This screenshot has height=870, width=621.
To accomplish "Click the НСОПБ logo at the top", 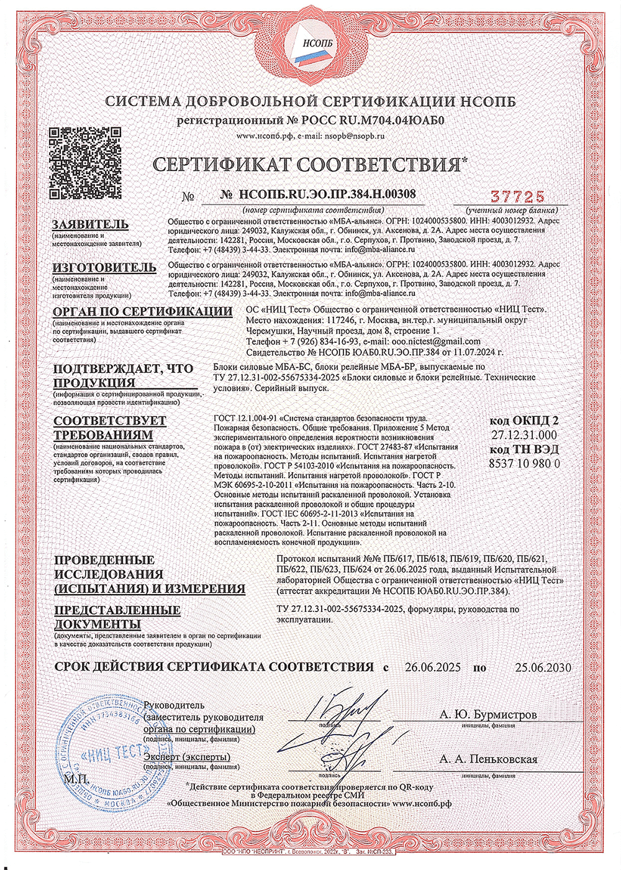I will (310, 47).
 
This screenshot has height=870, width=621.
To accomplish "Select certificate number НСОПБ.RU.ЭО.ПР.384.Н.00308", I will (327, 195).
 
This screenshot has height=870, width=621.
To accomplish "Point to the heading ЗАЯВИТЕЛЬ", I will (91, 224).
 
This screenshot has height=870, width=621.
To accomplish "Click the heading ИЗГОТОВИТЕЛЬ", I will (104, 267).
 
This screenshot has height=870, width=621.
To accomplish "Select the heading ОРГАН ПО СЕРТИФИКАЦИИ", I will (142, 311).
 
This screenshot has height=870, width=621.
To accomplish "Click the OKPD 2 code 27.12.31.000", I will (524, 434).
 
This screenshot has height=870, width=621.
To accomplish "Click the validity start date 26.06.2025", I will (432, 667).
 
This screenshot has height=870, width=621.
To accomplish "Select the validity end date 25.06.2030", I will (543, 667).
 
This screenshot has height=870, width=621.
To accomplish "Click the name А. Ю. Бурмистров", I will (488, 715).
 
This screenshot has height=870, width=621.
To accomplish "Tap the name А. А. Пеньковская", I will (488, 759).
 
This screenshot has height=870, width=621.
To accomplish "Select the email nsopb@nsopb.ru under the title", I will (356, 135).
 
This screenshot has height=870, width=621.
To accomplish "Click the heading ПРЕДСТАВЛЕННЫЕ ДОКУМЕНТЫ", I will (117, 616).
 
